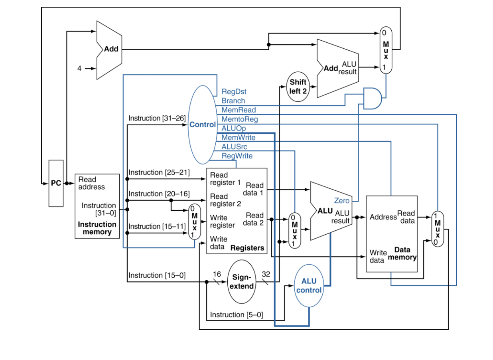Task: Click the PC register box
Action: [56, 183]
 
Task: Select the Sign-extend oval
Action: [242, 282]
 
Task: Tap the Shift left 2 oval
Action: [298, 86]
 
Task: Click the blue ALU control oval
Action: [309, 286]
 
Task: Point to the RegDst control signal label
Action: [234, 92]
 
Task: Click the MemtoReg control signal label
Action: [239, 119]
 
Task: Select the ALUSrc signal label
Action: [234, 146]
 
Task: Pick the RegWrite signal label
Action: [237, 156]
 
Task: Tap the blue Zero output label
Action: [342, 201]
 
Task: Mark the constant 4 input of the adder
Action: [79, 68]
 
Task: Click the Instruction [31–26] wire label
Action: [157, 118]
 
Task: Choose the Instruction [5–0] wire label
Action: [237, 315]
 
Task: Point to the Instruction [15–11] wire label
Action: [157, 226]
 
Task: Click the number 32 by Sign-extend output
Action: [266, 274]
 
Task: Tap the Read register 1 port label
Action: [225, 178]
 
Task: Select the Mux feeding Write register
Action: [195, 222]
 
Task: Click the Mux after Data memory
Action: [438, 229]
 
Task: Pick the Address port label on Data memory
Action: [383, 217]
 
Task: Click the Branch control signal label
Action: [233, 101]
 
